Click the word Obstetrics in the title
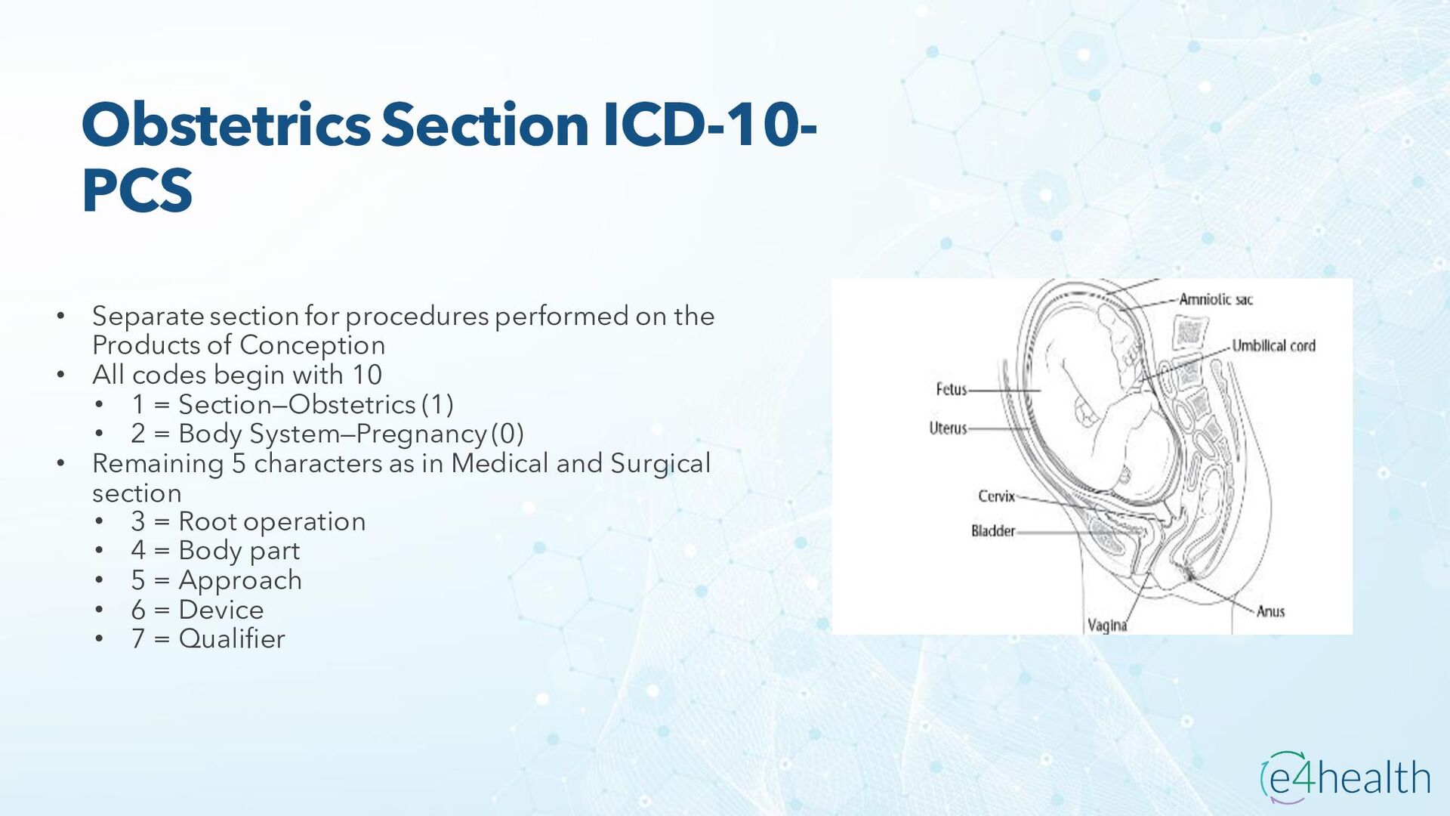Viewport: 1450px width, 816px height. (x=226, y=125)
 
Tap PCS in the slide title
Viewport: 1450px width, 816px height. (x=137, y=190)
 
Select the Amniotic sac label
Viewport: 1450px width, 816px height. (x=1215, y=300)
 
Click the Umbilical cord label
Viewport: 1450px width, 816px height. (x=1273, y=346)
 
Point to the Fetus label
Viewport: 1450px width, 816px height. (x=951, y=390)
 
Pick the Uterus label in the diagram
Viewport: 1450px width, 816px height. (x=948, y=428)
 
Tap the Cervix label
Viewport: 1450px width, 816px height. (x=996, y=496)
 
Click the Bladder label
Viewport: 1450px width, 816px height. (x=993, y=531)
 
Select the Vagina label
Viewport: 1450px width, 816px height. (x=1107, y=626)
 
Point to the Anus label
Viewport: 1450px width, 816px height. (x=1270, y=611)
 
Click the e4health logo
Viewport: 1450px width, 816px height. (x=1345, y=777)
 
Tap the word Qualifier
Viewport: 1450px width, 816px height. (x=232, y=639)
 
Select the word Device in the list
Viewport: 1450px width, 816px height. (x=221, y=610)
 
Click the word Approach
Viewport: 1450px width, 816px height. (x=240, y=580)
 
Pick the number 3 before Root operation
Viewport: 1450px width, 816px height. (x=137, y=521)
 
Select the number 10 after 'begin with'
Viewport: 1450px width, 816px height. (x=366, y=375)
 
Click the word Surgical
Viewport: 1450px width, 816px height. (x=660, y=463)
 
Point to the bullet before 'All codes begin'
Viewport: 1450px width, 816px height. (x=61, y=375)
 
